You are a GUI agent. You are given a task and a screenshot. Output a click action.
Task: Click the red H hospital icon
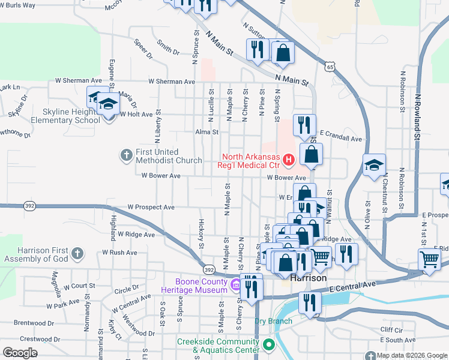289,159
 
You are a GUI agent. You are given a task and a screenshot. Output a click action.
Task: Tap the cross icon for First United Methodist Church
126,155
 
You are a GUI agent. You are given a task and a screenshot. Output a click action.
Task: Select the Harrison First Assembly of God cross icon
77,254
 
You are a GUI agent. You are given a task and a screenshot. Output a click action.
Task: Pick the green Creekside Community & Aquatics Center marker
269,345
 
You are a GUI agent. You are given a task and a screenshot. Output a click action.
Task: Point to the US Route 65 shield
330,67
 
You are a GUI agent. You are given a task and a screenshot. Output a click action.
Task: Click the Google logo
20,353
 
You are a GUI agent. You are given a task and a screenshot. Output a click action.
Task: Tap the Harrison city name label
309,278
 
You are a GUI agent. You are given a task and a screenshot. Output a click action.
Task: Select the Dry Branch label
273,321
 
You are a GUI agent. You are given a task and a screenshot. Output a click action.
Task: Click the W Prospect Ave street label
151,208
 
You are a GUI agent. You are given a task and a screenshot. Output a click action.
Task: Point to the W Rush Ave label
119,253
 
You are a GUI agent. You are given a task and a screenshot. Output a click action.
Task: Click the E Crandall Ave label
341,139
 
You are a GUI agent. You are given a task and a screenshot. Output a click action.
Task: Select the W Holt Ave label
137,113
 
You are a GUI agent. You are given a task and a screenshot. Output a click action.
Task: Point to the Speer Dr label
144,50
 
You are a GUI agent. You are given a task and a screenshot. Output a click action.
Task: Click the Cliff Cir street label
390,329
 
